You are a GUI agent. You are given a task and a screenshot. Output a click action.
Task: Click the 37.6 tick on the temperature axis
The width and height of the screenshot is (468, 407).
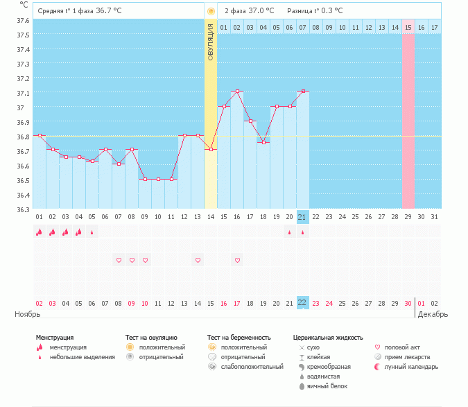[22, 20]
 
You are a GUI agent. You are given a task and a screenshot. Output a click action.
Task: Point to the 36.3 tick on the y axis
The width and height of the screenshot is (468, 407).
[22, 209]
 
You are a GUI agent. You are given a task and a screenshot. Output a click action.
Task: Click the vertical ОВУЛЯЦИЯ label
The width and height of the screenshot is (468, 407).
[211, 42]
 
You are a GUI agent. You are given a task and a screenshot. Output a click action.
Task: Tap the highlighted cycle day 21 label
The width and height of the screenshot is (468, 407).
[302, 217]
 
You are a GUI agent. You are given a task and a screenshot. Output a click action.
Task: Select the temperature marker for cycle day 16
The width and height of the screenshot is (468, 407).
[237, 92]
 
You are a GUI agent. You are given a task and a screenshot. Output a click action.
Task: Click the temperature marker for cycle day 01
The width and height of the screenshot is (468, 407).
[40, 135]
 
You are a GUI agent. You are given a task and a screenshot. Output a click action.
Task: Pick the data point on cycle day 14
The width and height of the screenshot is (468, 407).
[211, 150]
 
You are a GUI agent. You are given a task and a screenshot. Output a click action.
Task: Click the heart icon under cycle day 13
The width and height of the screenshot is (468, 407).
[198, 260]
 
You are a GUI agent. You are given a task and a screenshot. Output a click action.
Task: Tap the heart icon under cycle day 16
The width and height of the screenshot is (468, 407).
[237, 260]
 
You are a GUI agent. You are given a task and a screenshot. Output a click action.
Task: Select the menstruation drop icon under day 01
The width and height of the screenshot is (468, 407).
[39, 232]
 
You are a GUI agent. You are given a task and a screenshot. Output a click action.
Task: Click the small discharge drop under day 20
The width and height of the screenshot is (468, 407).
[289, 232]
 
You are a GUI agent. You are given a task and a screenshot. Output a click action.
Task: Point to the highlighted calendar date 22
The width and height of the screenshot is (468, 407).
[302, 303]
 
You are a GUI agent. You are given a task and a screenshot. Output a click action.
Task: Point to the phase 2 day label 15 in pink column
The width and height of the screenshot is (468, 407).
[408, 27]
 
